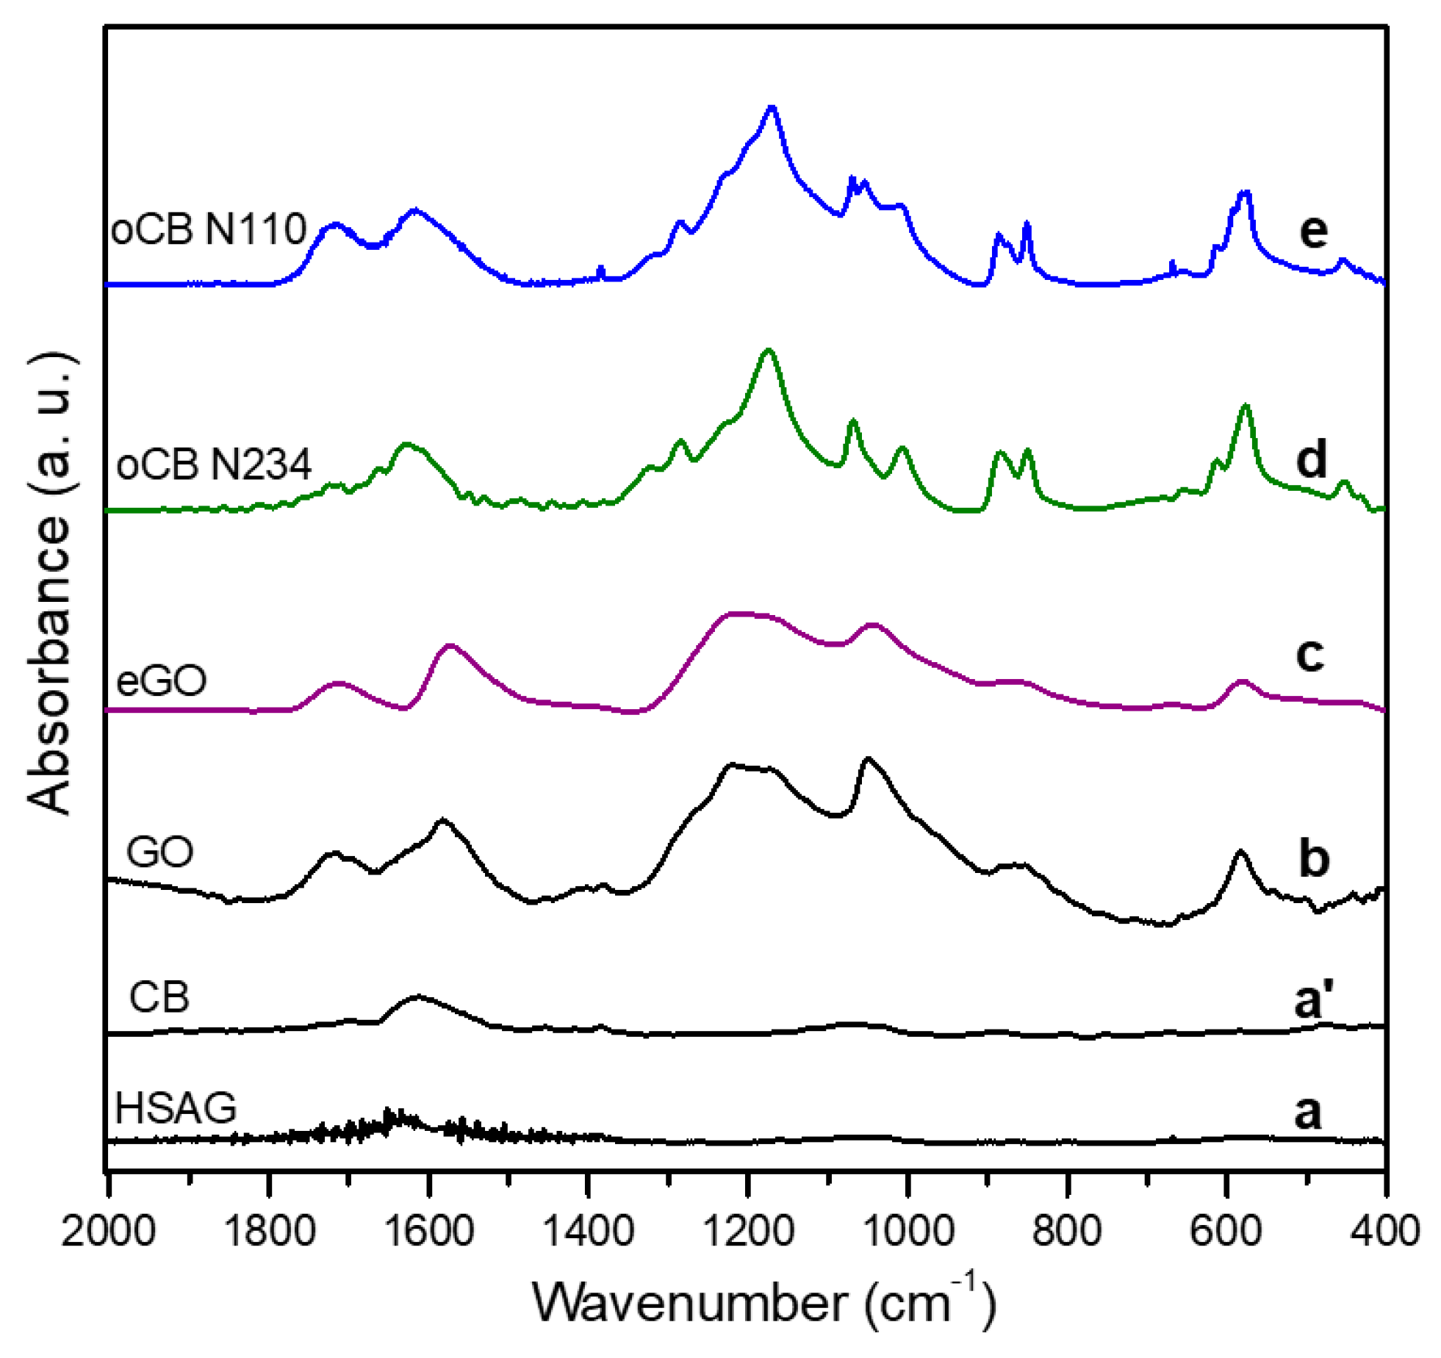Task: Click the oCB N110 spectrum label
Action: pos(208,229)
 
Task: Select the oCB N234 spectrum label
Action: pos(214,464)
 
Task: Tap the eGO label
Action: pos(162,680)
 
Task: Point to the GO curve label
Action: pos(159,852)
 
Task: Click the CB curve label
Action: pos(159,998)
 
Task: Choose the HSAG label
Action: pos(176,1107)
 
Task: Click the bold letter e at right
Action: pos(1312,231)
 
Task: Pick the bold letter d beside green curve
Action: pos(1311,459)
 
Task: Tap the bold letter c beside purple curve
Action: pos(1309,654)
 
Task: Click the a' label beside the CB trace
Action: pos(1314,1000)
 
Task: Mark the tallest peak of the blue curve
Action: pos(772,108)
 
